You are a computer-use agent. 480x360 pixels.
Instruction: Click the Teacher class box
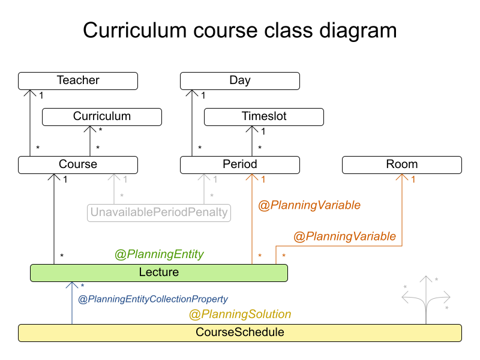coord(78,80)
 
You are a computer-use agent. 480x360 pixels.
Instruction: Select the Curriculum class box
coord(102,116)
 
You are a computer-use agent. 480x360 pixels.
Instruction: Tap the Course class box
coord(78,164)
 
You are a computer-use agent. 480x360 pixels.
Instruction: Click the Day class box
coord(240,80)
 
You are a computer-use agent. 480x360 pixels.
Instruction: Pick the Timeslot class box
coord(264,116)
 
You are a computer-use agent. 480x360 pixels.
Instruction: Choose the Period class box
coord(240,164)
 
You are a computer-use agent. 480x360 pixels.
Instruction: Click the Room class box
coord(402,164)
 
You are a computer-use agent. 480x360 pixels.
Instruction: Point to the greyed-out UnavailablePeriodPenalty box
coord(160,212)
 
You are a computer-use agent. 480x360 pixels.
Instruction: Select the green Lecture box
coord(159,272)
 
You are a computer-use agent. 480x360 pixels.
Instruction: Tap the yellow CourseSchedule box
coord(240,332)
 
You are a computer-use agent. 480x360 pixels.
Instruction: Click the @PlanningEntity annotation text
coord(159,254)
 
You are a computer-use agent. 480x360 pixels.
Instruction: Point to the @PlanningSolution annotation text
coord(240,314)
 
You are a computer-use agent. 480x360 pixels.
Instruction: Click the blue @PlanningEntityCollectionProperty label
coord(153,299)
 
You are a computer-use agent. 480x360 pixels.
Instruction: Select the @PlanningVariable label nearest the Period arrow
coord(309,205)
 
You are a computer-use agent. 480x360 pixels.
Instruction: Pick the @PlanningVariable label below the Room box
coord(344,236)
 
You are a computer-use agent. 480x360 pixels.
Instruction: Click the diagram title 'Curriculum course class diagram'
coord(240,30)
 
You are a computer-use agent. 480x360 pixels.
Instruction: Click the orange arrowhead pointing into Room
coord(402,178)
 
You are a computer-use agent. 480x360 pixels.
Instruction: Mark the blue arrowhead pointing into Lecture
coord(72,286)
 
